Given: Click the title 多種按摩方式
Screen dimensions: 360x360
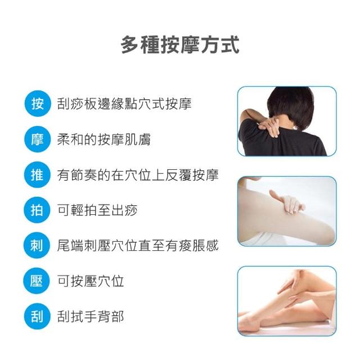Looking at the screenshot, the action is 180,45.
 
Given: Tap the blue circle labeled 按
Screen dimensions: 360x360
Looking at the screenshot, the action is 38,103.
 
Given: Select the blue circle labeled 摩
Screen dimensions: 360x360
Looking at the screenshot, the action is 37,139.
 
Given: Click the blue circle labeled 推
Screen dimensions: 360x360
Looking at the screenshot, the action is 37,175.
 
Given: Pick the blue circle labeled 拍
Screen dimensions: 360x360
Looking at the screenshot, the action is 37,210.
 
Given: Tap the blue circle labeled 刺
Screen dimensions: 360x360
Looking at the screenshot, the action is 37,245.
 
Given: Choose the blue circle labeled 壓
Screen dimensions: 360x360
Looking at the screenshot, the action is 37,281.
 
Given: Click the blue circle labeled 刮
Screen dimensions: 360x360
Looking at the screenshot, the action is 37,316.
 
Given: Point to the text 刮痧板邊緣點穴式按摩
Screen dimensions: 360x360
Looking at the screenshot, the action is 124,103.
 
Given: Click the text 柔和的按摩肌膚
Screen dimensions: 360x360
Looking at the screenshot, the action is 103,139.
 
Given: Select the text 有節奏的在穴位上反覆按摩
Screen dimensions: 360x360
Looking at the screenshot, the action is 138,175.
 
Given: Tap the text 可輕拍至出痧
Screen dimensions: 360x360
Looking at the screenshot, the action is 97,210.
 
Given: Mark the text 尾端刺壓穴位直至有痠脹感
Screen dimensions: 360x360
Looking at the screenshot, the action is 138,245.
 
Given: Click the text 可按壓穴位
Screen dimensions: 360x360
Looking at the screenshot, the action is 91,281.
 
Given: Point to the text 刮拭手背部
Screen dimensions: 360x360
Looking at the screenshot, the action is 91,316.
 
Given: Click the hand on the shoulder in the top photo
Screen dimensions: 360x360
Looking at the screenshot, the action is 269,126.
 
